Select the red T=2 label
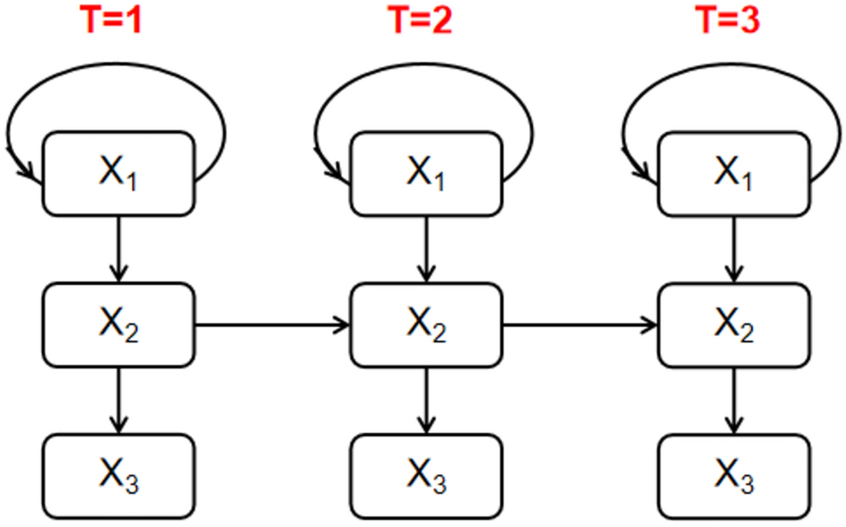[420, 20]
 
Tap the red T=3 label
[728, 20]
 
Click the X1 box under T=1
[119, 173]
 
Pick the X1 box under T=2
[427, 173]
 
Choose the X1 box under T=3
[735, 173]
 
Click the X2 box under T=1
[119, 324]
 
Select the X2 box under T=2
[427, 324]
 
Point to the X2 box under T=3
[735, 324]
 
